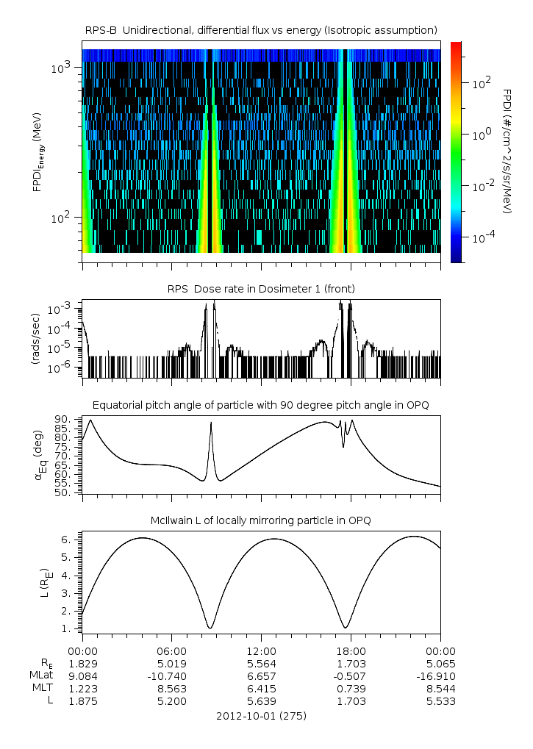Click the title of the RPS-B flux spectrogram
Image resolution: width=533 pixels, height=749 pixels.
(261, 29)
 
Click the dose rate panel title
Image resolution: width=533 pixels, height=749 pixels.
(261, 289)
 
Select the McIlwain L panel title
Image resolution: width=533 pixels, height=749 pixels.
(261, 520)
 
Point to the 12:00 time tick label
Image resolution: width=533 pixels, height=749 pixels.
(261, 651)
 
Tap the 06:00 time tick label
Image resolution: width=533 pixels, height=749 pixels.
(171, 651)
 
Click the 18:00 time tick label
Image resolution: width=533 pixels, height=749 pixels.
(351, 651)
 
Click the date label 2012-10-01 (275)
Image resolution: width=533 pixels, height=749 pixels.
(261, 715)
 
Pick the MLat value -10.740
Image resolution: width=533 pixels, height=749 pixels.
(171, 675)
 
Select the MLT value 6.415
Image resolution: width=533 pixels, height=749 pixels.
(261, 688)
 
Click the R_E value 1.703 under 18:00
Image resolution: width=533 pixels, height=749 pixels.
(351, 663)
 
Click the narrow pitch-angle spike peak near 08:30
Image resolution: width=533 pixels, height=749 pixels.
(211, 423)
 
